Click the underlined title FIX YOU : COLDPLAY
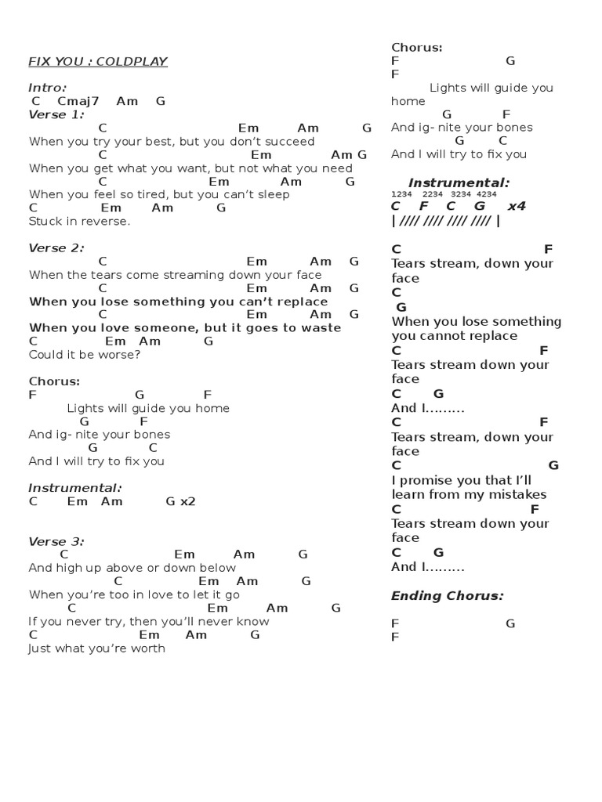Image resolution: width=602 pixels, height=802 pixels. tap(98, 62)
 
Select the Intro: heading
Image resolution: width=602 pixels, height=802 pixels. tap(48, 88)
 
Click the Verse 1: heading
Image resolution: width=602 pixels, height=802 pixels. tap(56, 114)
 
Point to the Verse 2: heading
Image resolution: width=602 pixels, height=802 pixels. tap(56, 248)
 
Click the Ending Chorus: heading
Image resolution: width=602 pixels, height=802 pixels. tap(447, 596)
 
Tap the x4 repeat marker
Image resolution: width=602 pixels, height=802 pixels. tap(517, 207)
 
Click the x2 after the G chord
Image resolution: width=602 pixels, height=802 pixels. tap(188, 501)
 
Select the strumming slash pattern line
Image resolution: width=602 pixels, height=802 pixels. tap(444, 221)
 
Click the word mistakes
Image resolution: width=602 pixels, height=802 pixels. tap(513, 495)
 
